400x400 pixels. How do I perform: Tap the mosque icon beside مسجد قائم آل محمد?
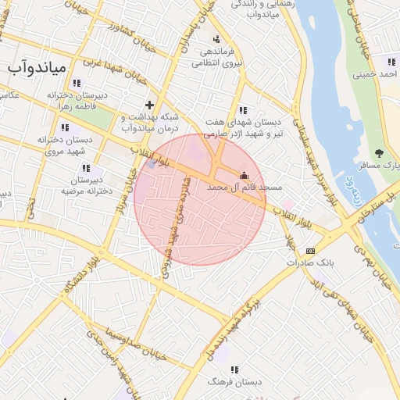(245, 175)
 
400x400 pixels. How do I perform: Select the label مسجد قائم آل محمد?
(237, 188)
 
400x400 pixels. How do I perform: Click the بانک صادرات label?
(309, 263)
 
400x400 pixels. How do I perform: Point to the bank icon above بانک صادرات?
(310, 251)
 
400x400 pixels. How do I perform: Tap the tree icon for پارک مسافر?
(380, 153)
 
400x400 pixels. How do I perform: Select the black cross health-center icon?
(149, 104)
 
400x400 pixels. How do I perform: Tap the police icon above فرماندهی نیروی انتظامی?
(216, 39)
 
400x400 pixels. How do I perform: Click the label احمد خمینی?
(376, 75)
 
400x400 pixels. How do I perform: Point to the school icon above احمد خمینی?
(391, 62)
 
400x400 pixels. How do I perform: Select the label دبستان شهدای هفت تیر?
(244, 128)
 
